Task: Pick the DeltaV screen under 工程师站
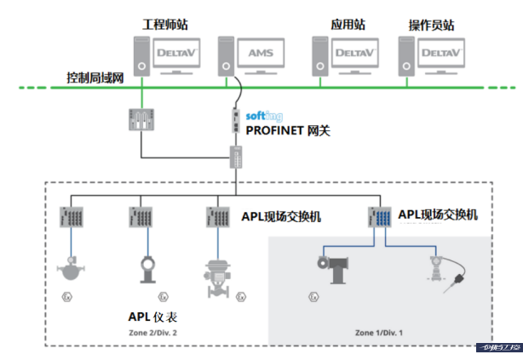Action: pos(177,53)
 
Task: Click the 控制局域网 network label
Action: pos(95,77)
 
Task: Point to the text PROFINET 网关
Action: pos(288,131)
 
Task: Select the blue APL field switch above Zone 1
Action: pos(378,218)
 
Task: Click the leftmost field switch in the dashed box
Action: pos(69,218)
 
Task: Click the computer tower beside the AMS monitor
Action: pos(226,55)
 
